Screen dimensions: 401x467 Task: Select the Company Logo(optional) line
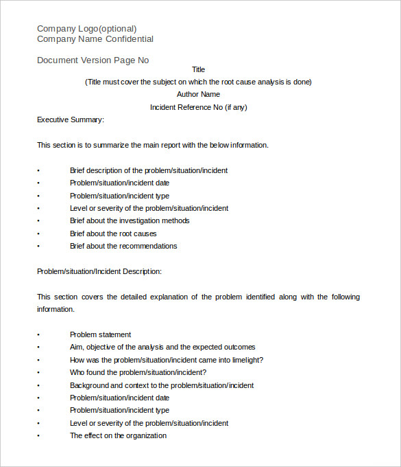(x=86, y=29)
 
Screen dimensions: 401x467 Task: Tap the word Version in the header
(x=99, y=60)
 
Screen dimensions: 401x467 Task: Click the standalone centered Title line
(x=198, y=69)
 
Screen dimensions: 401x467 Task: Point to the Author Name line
(x=198, y=94)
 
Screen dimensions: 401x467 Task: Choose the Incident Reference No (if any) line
(x=198, y=107)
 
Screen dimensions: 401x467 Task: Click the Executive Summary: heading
(x=70, y=119)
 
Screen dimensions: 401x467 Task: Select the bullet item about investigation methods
(x=130, y=220)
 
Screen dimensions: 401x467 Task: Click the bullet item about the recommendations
(x=123, y=246)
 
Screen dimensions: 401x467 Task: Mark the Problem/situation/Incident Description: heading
(x=99, y=271)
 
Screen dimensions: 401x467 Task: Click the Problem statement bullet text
(x=100, y=334)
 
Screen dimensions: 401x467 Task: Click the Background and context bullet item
(x=161, y=385)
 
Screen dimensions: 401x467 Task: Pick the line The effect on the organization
(x=118, y=435)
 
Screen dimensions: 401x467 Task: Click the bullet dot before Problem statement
(x=38, y=334)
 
